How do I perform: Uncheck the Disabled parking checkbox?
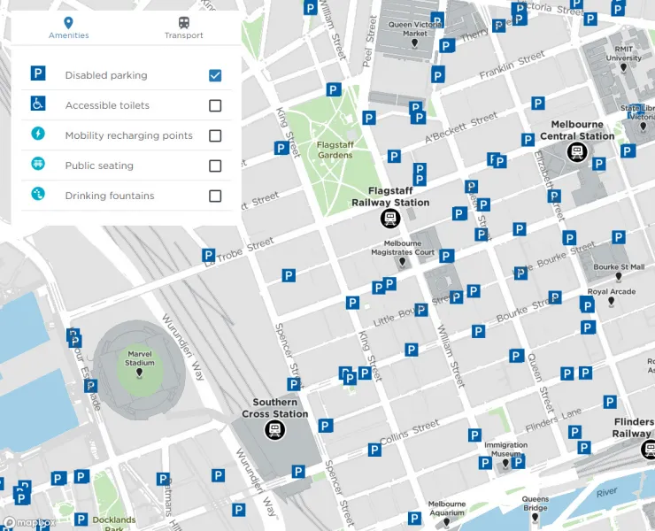pos(215,75)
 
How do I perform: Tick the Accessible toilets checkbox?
pos(215,105)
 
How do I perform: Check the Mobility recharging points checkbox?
pos(215,135)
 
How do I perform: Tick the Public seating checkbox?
pos(215,165)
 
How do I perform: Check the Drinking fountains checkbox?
pos(215,196)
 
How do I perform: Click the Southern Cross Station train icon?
pos(275,430)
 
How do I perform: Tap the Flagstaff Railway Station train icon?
pos(389,218)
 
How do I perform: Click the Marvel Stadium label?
pos(140,358)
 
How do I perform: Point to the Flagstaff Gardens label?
pos(335,150)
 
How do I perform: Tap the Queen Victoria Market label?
pos(414,29)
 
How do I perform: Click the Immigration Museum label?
pos(505,450)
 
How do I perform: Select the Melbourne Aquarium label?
pos(446,508)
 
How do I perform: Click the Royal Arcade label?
pos(611,292)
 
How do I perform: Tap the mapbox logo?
pos(29,522)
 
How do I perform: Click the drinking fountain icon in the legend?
pos(38,194)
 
